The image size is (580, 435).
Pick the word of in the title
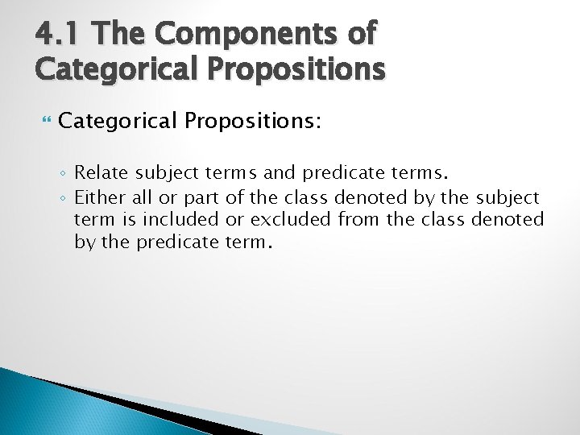click(357, 34)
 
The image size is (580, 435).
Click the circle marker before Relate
click(64, 172)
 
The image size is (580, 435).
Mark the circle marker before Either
click(64, 197)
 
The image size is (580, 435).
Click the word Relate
click(101, 172)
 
